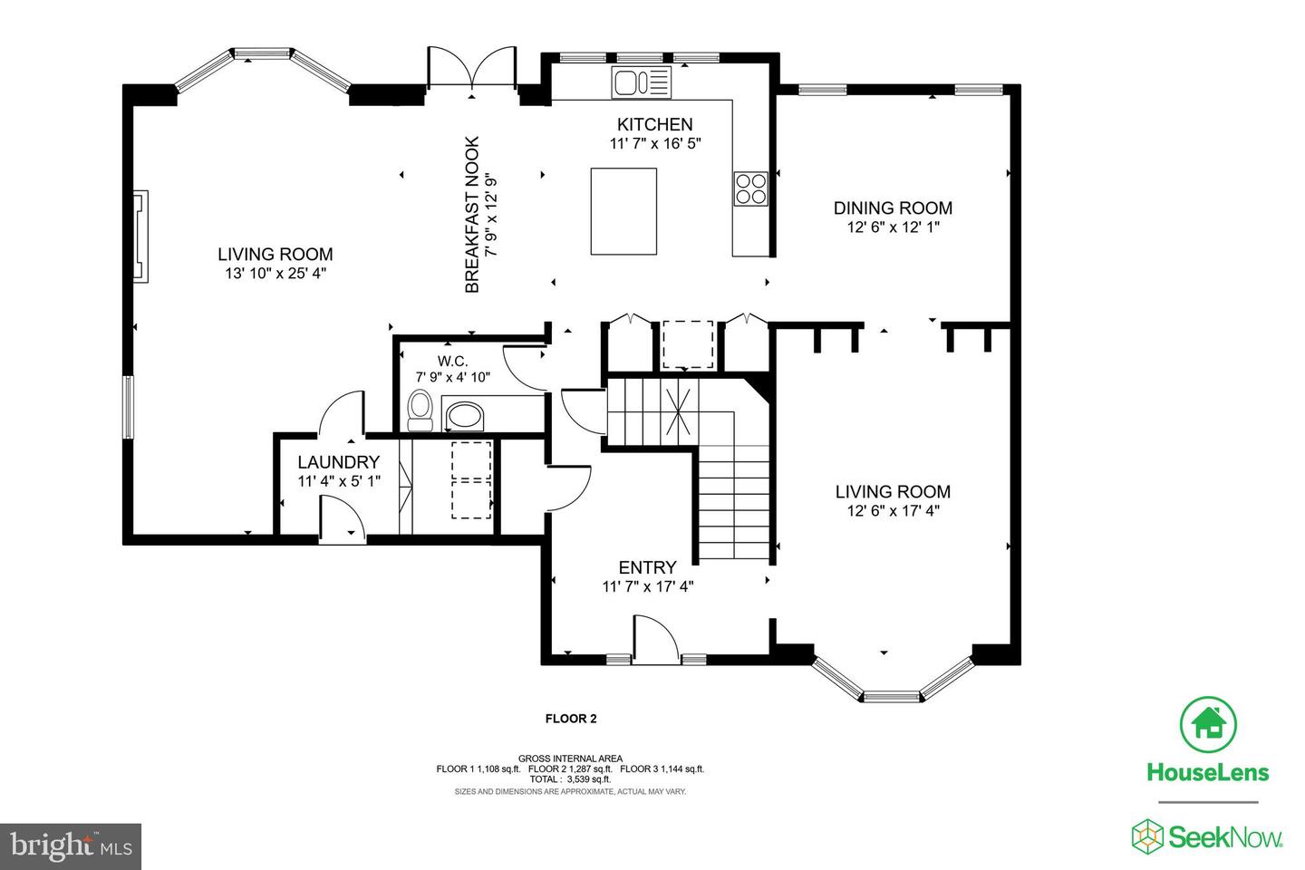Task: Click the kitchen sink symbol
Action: [641, 82]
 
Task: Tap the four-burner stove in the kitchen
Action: [750, 188]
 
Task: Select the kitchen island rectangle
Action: [623, 211]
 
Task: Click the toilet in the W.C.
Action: [420, 411]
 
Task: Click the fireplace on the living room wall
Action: [140, 237]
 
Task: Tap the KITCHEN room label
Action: [655, 124]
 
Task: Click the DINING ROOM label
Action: [893, 208]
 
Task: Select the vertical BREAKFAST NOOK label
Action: [472, 215]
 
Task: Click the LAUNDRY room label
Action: [339, 462]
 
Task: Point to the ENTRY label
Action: [647, 567]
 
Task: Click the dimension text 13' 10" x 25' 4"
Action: [275, 274]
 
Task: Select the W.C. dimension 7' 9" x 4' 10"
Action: [453, 378]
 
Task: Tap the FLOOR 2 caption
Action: [571, 719]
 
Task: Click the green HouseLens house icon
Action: [1208, 724]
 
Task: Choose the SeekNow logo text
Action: [1224, 838]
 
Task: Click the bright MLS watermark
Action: [71, 846]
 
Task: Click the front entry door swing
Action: [656, 639]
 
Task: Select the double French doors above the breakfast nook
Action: [472, 68]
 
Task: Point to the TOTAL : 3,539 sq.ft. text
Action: [570, 779]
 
